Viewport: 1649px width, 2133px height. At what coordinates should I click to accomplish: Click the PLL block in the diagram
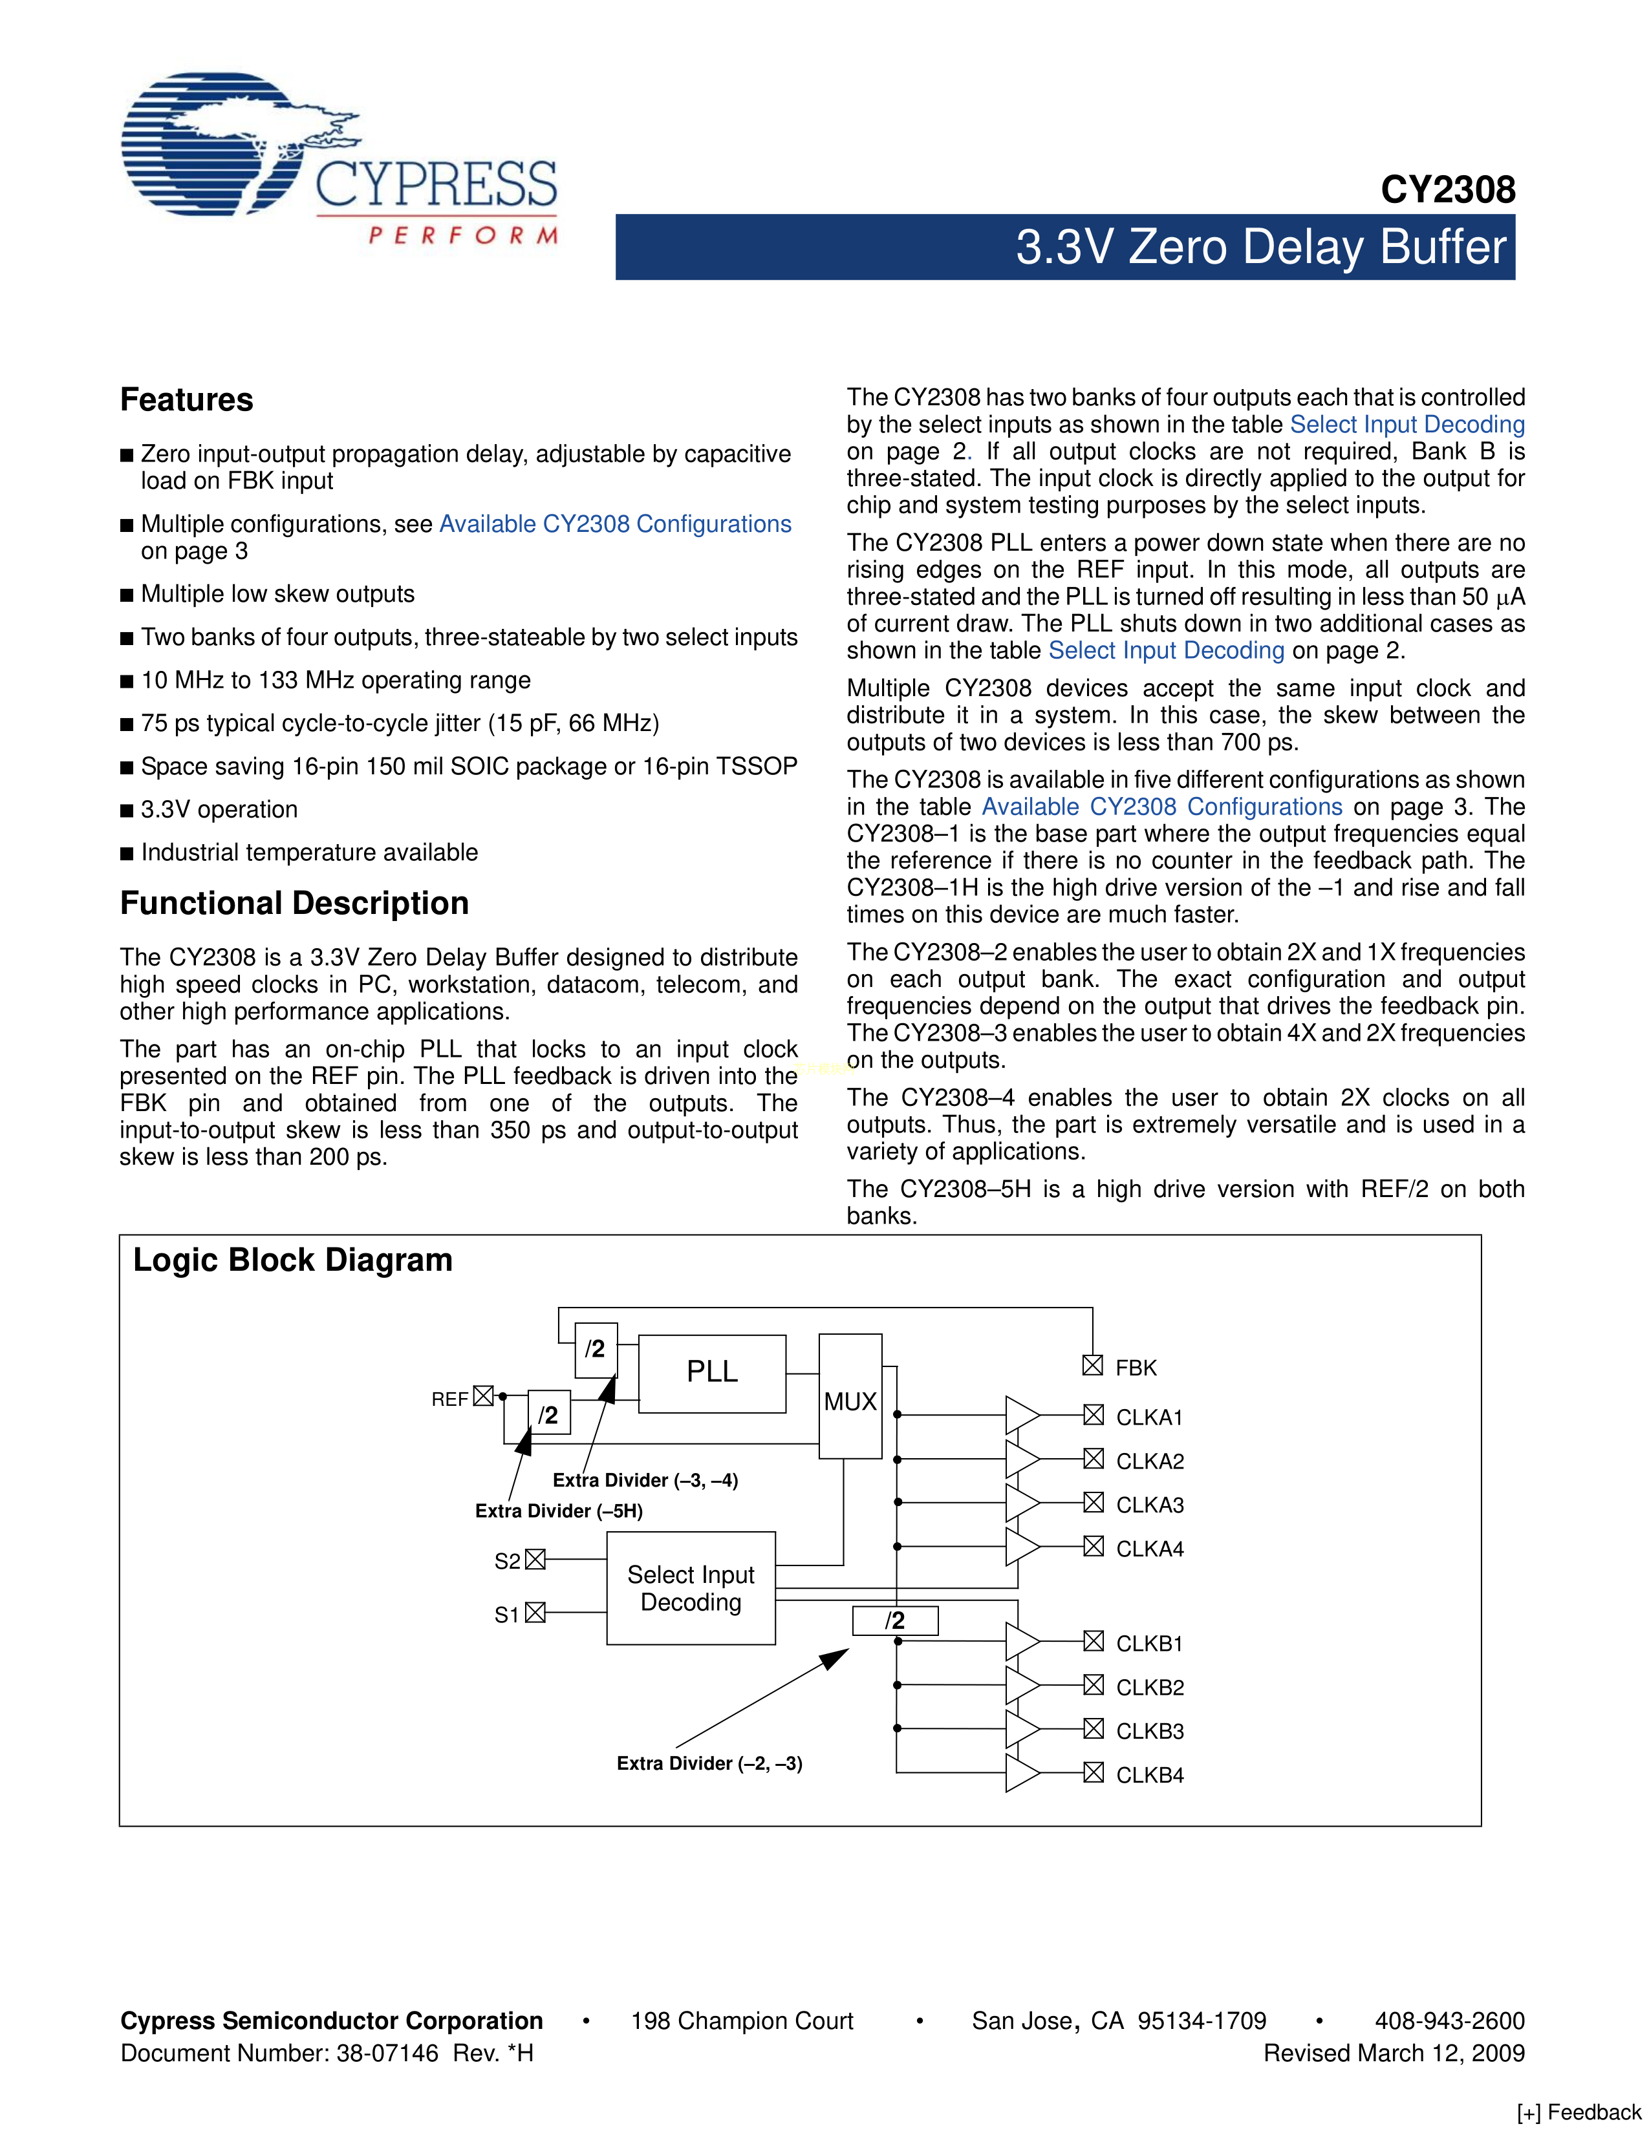(711, 1372)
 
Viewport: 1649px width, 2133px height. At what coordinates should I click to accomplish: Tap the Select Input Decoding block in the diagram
(691, 1588)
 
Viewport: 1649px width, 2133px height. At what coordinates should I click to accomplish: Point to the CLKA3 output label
(1149, 1505)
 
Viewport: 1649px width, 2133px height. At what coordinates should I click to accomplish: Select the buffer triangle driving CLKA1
(1021, 1414)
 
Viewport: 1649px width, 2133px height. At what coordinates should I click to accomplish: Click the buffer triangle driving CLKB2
(1021, 1684)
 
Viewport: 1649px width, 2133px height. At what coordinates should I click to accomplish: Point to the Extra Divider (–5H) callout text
(559, 1511)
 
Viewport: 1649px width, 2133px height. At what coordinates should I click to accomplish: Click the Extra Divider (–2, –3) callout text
(709, 1763)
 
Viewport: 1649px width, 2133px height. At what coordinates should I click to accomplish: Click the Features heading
(187, 399)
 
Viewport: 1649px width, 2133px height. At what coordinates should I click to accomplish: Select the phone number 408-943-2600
(1449, 2021)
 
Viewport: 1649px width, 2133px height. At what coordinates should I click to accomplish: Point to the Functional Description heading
(294, 904)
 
